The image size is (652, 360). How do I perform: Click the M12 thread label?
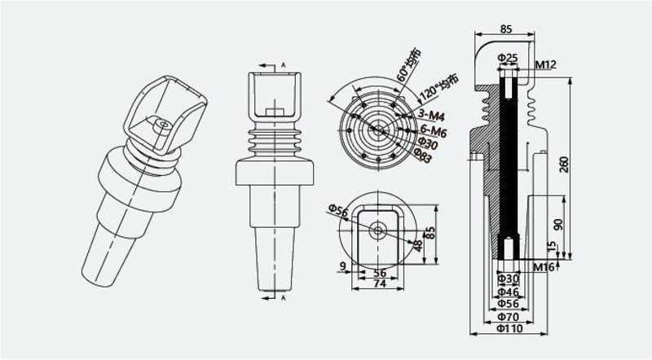tap(545, 64)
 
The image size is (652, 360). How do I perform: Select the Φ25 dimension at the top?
tap(508, 57)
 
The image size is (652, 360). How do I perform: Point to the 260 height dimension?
tap(564, 165)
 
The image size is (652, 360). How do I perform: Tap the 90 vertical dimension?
tap(558, 225)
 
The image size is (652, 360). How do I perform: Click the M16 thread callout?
tap(544, 267)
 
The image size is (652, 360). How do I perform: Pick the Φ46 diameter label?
tap(508, 292)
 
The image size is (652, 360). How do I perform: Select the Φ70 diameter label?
tap(508, 317)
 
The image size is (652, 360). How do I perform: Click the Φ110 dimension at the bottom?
tap(510, 328)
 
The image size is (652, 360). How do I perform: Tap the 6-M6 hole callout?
tap(434, 131)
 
